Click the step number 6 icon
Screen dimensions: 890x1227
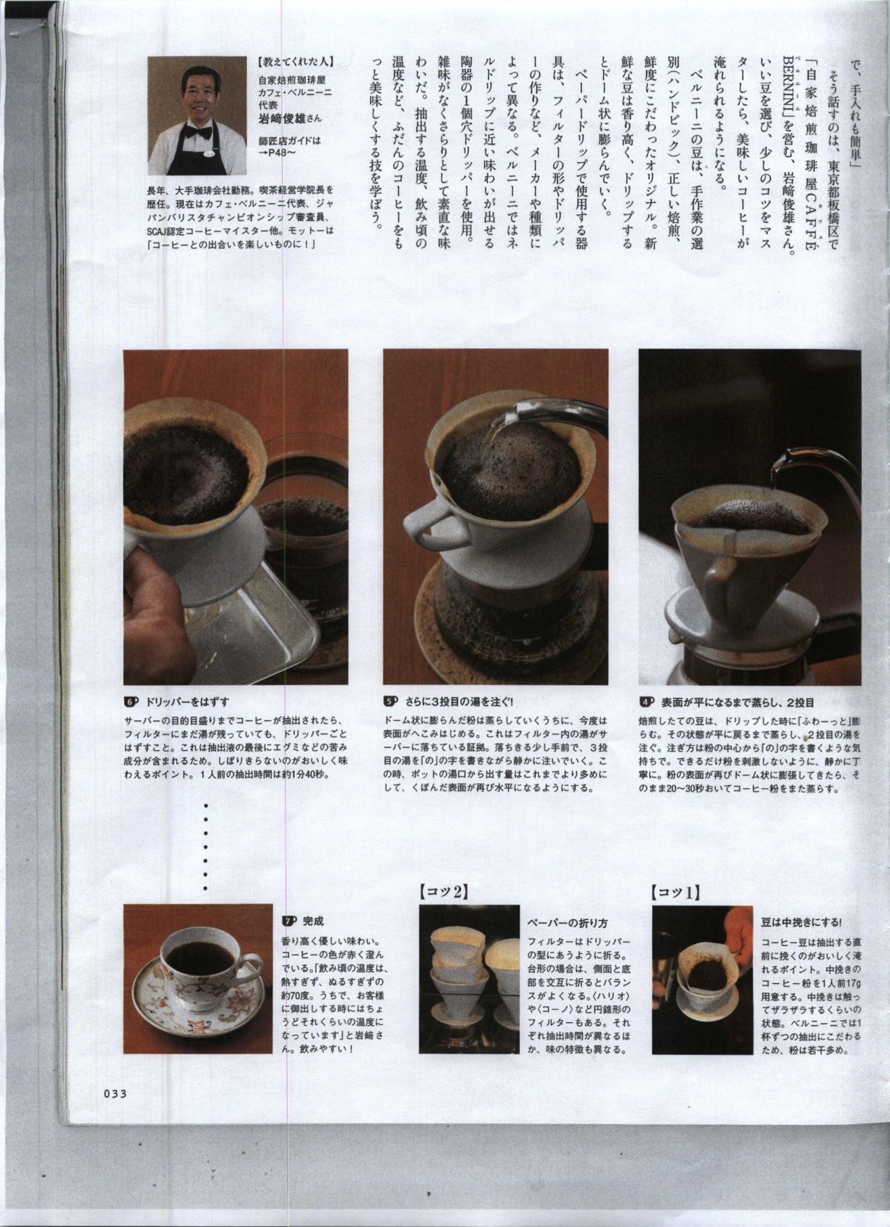click(x=130, y=701)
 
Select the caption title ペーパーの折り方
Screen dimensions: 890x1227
click(x=568, y=923)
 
